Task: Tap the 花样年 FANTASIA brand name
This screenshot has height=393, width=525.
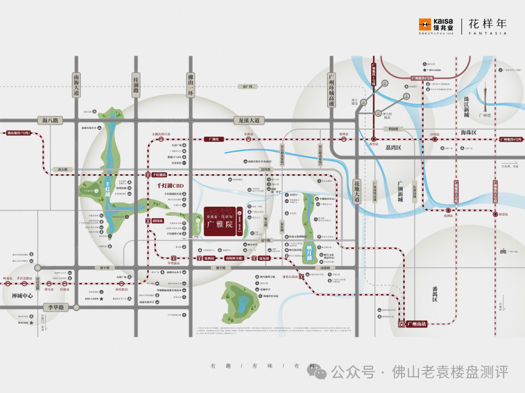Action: coord(487,26)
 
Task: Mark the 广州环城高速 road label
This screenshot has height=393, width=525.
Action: coord(331,90)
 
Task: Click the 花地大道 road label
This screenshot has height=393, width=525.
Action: coord(357,192)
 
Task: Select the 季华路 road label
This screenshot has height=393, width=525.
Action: coord(54,307)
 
